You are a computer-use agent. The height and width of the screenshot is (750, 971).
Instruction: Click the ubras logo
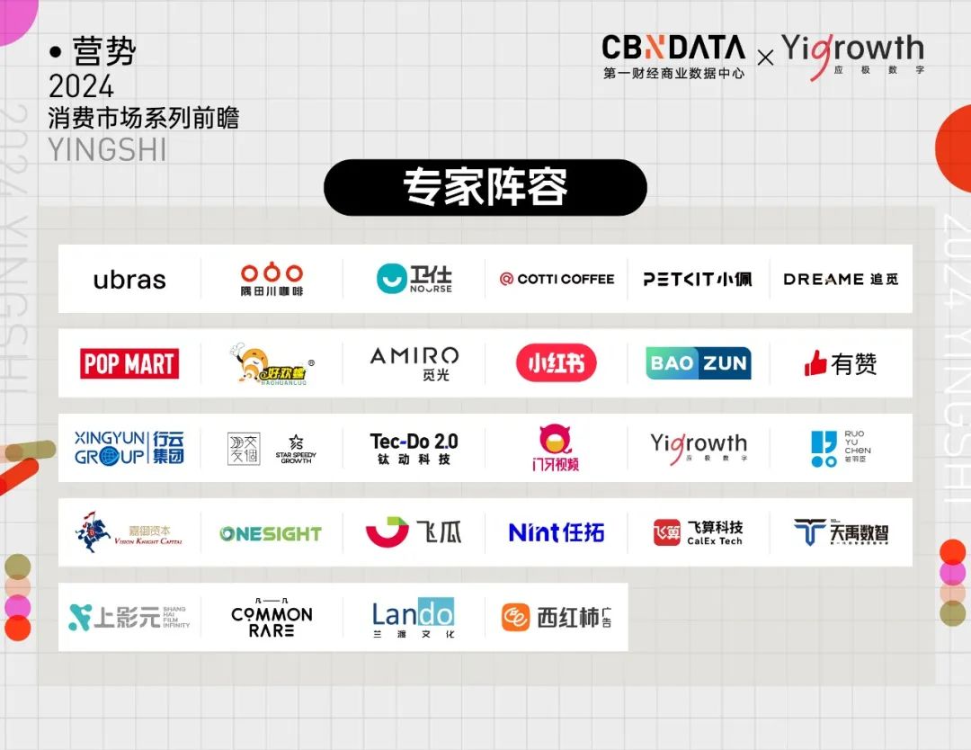click(129, 280)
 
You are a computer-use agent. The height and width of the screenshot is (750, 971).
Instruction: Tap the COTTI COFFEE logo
click(557, 279)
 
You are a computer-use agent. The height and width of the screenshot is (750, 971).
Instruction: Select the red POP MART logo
click(129, 363)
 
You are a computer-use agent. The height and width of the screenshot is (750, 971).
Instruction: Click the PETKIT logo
click(698, 279)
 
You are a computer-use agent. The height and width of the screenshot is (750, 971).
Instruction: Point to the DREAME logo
click(840, 279)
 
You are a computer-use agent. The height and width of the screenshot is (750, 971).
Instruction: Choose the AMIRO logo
click(414, 362)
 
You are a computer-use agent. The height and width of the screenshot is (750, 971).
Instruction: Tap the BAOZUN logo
click(699, 363)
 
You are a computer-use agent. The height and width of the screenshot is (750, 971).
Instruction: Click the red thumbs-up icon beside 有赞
click(815, 363)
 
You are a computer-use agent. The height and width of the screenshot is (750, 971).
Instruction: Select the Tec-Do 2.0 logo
click(414, 447)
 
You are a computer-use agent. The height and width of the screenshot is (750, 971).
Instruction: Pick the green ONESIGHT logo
click(271, 533)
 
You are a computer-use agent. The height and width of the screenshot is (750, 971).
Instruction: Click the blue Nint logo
click(556, 532)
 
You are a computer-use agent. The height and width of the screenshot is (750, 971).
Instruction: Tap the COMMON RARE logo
click(272, 617)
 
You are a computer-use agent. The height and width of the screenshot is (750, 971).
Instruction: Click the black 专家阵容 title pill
click(485, 188)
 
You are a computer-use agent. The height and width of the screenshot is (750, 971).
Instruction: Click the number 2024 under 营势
click(81, 87)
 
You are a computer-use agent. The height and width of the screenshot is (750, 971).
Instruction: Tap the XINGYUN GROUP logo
click(129, 447)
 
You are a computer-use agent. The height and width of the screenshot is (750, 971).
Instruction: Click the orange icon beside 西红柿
click(515, 618)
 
